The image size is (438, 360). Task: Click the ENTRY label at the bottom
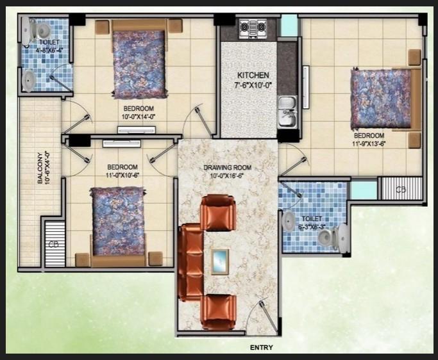[x=261, y=348]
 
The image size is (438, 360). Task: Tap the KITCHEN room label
[x=249, y=75]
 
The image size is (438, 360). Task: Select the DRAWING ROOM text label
[x=228, y=168]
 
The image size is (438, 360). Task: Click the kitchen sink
[x=286, y=110]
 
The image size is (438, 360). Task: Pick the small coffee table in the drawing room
[x=221, y=260]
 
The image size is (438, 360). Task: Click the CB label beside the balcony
[x=54, y=244]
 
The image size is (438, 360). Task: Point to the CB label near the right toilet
[x=401, y=190]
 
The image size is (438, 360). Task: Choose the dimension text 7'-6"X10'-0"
[x=249, y=85]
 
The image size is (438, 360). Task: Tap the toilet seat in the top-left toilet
[x=41, y=29]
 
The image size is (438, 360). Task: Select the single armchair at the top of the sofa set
[x=219, y=212]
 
